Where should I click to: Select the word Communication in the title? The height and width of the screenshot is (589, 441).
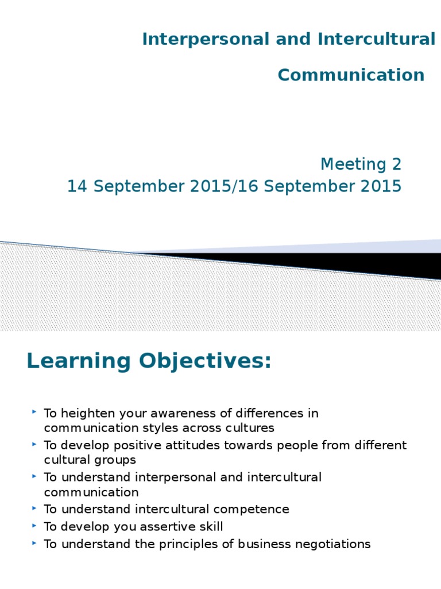[x=351, y=75]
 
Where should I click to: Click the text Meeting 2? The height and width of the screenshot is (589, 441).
[x=361, y=165]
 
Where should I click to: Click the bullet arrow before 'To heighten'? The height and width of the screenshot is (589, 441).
[x=35, y=412]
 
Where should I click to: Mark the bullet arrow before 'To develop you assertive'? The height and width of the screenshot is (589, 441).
[x=35, y=525]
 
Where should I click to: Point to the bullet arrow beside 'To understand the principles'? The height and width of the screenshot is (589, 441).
[x=35, y=542]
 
